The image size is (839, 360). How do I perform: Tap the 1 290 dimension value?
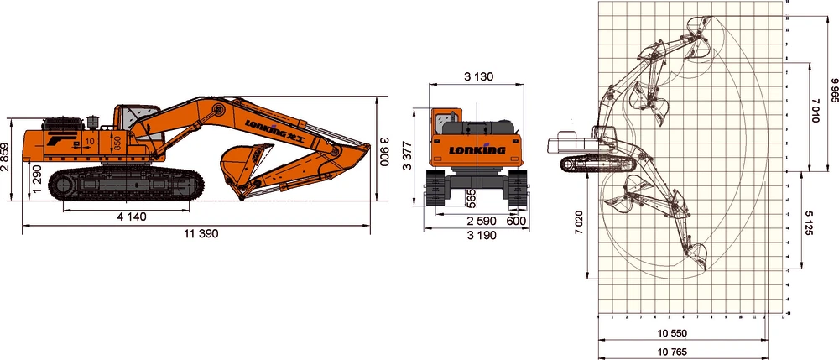[36, 180]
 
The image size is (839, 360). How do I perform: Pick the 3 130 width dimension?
[478, 76]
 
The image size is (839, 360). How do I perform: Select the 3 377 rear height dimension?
[409, 155]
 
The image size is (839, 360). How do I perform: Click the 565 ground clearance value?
[472, 198]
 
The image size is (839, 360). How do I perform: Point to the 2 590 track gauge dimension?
[481, 221]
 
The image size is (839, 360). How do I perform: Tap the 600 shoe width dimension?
[518, 221]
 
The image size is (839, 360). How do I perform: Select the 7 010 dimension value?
[814, 111]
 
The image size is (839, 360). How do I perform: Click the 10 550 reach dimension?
[682, 333]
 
